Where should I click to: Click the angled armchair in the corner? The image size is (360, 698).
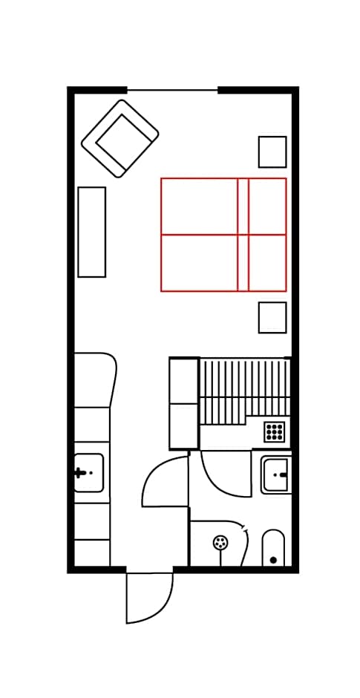pos(120,139)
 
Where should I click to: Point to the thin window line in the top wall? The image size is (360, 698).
pos(172,91)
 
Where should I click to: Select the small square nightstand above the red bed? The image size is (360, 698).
pos(272,151)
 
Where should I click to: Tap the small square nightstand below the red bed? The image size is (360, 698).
pos(272,317)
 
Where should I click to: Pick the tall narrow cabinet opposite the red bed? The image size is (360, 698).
pos(92,232)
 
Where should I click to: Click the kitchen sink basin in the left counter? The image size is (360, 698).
pos(88,473)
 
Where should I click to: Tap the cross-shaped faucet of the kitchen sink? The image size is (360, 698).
pos(79,472)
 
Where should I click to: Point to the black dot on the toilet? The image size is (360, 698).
pos(273,560)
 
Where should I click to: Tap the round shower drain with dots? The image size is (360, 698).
pos(220,543)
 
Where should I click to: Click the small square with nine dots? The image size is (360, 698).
pos(274,431)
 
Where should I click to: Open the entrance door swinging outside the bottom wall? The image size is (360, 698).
pos(148,598)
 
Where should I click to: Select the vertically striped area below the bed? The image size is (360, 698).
pos(245,390)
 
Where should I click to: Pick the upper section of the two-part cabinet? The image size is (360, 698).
pos(184,381)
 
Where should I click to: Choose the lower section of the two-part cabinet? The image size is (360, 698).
pos(184,426)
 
